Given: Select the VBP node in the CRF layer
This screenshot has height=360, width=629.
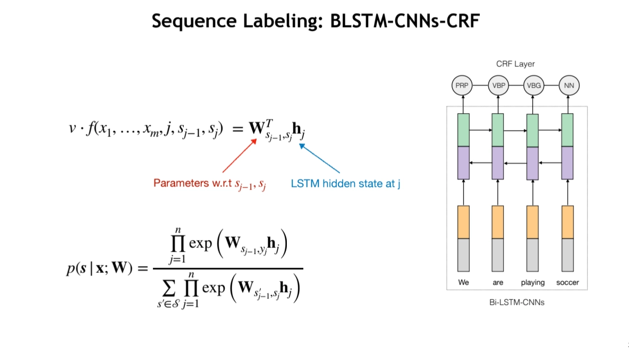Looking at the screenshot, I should (498, 84).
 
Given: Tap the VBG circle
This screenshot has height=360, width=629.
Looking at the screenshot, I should (533, 84).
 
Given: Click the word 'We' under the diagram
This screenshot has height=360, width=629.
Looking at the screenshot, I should (464, 282).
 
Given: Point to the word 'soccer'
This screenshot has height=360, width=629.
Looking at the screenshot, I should (567, 282).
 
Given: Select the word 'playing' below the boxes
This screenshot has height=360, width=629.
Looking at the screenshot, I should (533, 282).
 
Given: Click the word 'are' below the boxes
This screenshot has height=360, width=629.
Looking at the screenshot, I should (498, 282).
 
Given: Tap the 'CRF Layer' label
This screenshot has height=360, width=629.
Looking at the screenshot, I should (515, 64).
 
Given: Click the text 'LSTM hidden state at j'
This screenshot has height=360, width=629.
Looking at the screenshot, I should (345, 184).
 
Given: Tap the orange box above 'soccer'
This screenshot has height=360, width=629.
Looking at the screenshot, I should (567, 222).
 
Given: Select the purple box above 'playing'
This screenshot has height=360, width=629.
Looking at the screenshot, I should (533, 162).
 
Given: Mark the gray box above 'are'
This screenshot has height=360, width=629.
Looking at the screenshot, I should (498, 255).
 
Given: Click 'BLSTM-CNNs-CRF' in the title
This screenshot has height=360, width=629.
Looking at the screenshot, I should (404, 21).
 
